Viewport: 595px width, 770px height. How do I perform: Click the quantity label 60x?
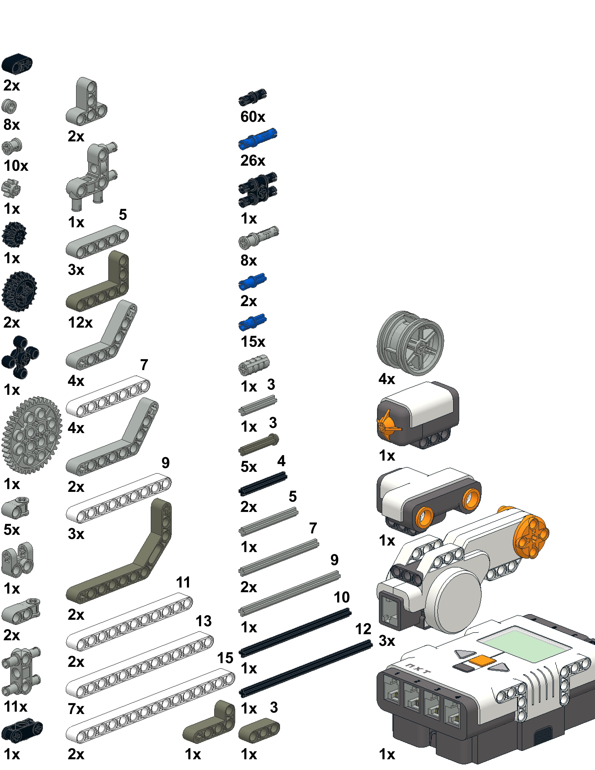click(x=253, y=117)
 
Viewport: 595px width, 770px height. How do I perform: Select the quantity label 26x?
click(x=253, y=161)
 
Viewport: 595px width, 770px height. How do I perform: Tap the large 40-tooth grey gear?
click(x=32, y=435)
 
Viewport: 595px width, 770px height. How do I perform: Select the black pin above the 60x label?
click(x=252, y=97)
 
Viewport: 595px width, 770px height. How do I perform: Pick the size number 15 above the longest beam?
click(x=225, y=658)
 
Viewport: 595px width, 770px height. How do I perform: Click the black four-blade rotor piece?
click(x=20, y=357)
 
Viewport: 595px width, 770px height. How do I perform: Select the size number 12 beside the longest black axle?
click(x=363, y=629)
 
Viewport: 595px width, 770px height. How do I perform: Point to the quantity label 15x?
click(x=253, y=342)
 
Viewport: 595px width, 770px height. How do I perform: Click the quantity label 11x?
click(x=15, y=707)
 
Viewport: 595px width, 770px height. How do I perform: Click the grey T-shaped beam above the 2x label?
click(x=86, y=101)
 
